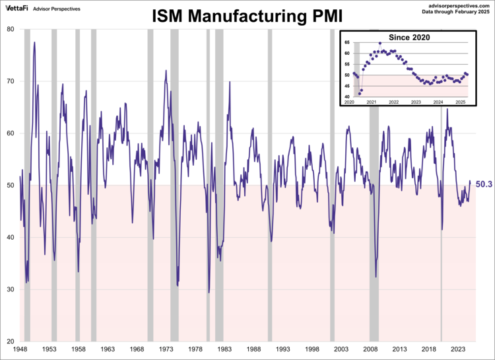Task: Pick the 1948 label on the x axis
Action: (20, 348)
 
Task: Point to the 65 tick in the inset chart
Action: (346, 42)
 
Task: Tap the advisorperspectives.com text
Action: (456, 5)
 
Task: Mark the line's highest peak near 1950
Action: (34, 43)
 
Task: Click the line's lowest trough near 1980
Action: (209, 292)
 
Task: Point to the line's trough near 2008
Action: (376, 276)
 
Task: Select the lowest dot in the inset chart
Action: (360, 94)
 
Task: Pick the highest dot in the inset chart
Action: (379, 44)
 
